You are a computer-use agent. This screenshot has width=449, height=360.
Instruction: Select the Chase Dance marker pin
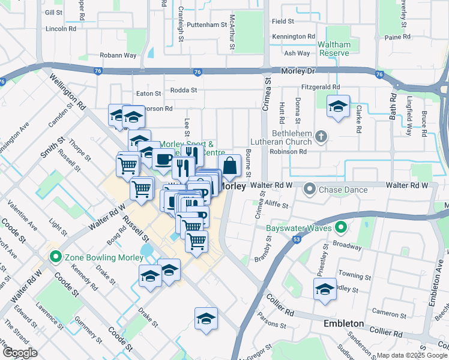pos(310,190)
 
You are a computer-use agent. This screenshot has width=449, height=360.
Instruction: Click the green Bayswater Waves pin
pos(341,228)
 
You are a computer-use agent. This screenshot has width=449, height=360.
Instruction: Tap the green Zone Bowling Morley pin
pos(56,257)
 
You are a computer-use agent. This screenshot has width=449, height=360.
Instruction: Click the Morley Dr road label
pos(298,71)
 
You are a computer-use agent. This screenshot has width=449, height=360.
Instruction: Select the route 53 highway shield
pos(297,239)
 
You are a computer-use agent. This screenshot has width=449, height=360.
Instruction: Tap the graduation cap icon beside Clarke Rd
pos(338,107)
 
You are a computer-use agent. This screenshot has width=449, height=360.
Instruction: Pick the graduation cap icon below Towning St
pos(325,288)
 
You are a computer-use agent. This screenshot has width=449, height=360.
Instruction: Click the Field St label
pos(282,21)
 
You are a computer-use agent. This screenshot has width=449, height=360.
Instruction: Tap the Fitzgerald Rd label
pos(321,86)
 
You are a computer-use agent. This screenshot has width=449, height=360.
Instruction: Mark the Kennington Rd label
pos(293,37)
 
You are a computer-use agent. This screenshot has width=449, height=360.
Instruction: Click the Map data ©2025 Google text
pos(411,355)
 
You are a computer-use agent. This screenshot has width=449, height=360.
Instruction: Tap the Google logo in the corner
pos(20,353)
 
